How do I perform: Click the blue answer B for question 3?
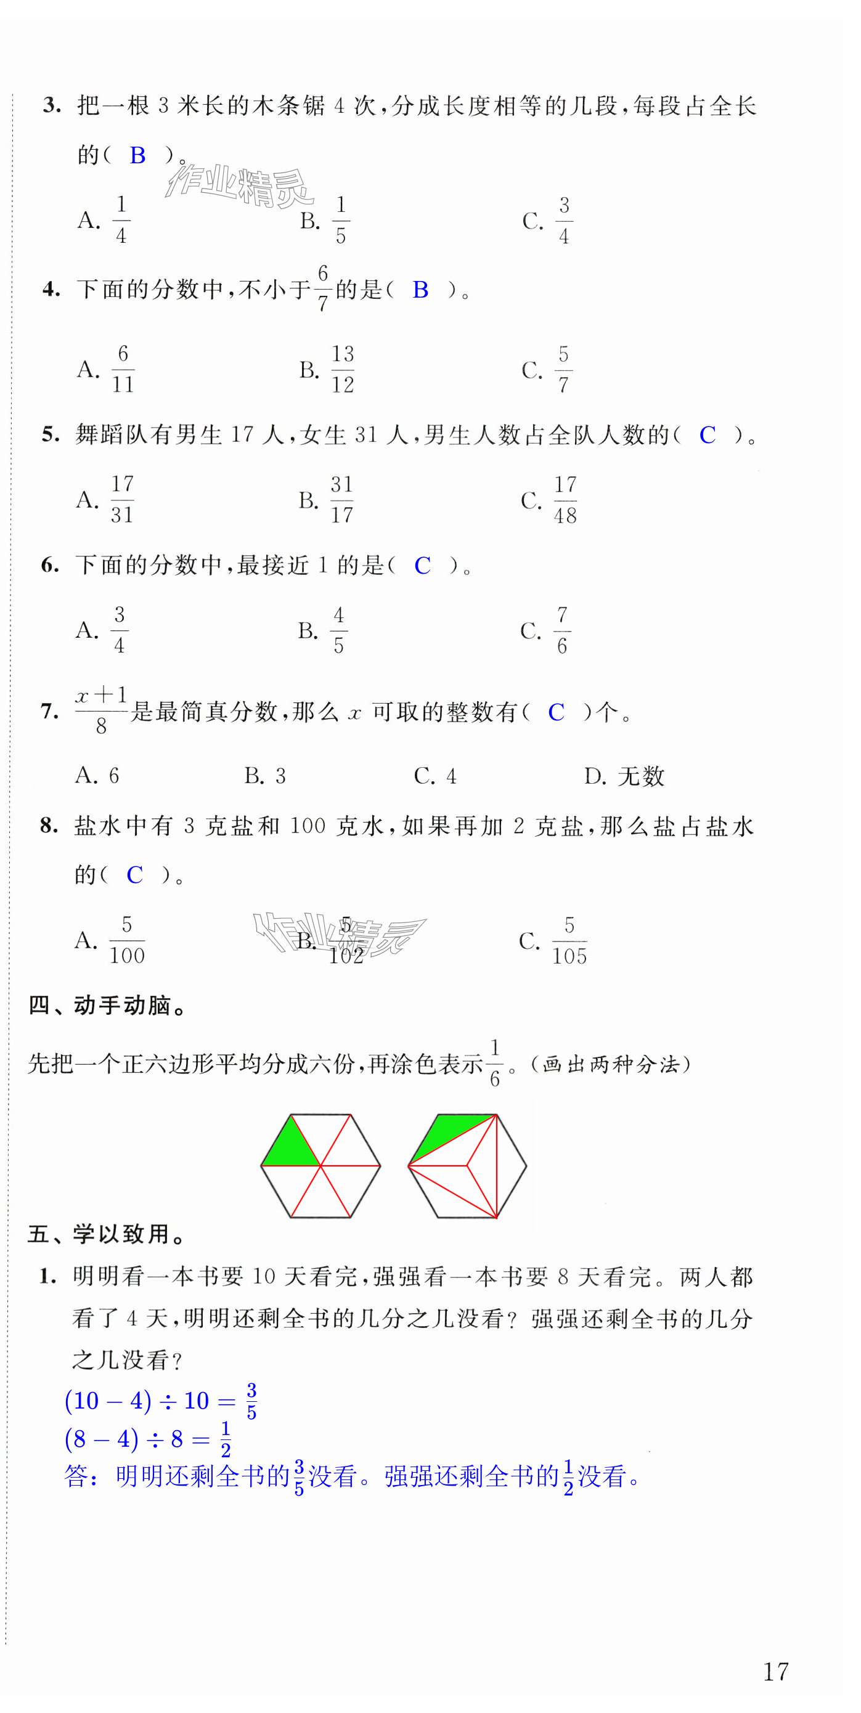coord(137,156)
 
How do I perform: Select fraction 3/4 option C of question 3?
coord(563,220)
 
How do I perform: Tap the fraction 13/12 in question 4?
coord(343,369)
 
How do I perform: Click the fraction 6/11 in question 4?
coord(123,369)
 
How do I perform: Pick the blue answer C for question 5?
coord(708,436)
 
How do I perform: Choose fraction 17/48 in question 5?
coord(565,500)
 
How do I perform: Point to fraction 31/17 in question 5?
coord(342,499)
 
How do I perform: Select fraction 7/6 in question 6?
coord(562,630)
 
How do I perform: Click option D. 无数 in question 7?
coord(624,776)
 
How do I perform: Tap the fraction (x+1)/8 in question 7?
coord(101,711)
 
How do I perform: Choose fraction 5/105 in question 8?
coord(569,941)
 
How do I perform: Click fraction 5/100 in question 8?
coord(126,940)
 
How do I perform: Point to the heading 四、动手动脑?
coord(107,1006)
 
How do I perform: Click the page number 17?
coord(775,1671)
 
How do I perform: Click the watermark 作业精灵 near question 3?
coord(240,186)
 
